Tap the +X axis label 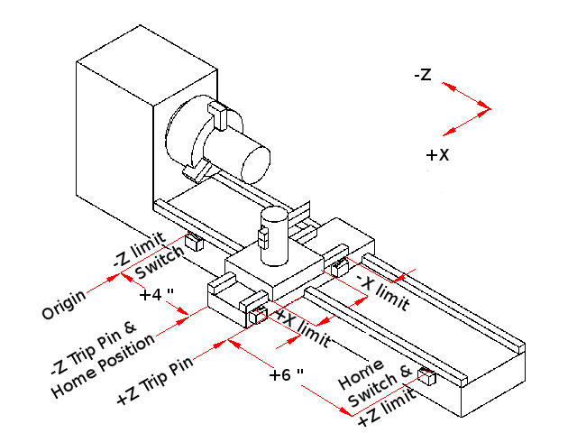click(x=437, y=155)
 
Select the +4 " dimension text click(x=157, y=295)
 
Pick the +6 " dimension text click(x=286, y=373)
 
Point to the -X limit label click(x=382, y=290)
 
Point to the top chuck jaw click(x=217, y=114)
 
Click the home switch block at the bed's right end click(x=426, y=376)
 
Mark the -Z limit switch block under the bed click(x=193, y=241)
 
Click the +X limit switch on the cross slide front click(x=258, y=314)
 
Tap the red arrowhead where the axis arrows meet click(x=487, y=110)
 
